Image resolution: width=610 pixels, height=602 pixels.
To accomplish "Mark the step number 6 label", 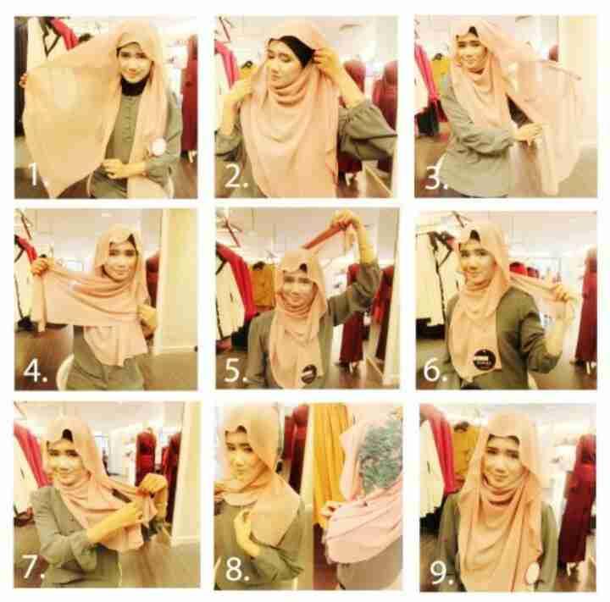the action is tap(435, 370).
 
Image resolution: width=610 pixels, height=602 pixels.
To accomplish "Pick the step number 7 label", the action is tap(34, 566).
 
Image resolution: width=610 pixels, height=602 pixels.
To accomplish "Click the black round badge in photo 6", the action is tap(485, 359).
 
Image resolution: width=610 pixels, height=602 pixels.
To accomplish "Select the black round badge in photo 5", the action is tap(308, 374).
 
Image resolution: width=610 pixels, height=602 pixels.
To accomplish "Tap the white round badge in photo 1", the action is tap(158, 146).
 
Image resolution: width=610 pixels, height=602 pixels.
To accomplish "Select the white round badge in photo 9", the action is tap(533, 572).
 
